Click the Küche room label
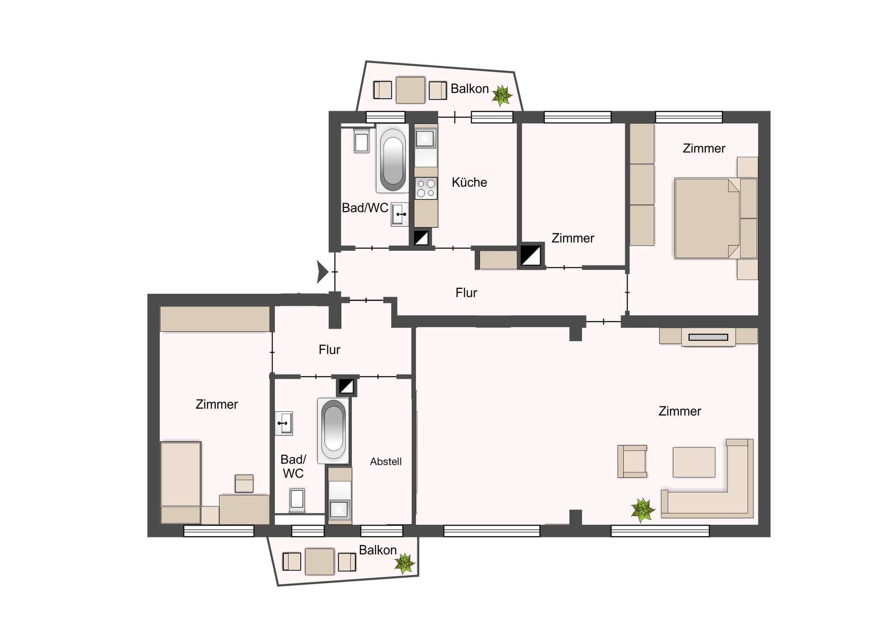point(469,182)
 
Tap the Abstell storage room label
point(386,461)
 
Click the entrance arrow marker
point(322,272)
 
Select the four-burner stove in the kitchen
point(426,188)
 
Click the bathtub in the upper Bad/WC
point(393,159)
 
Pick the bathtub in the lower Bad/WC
point(333,431)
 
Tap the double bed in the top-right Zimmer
point(716,218)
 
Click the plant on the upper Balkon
point(501,95)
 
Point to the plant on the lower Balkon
point(404,563)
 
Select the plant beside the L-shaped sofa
point(643,510)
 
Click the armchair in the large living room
point(632,461)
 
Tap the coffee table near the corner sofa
point(694,462)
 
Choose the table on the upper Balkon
point(411,90)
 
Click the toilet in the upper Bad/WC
point(362,140)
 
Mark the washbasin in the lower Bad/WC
point(283,423)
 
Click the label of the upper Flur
point(466,293)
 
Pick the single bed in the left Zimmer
point(181,482)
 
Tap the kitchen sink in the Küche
point(426,138)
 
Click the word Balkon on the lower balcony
point(378,550)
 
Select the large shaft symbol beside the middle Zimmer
point(530,256)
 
